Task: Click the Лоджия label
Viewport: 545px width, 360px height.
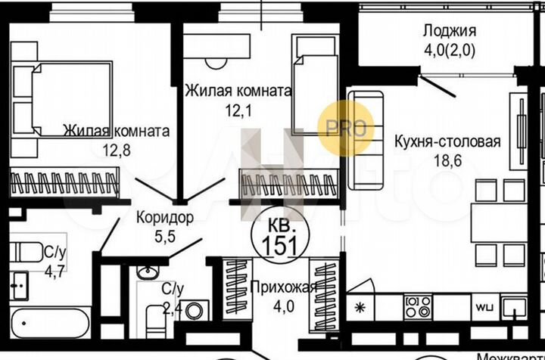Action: (x=449, y=31)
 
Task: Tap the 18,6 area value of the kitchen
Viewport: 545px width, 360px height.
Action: (x=446, y=160)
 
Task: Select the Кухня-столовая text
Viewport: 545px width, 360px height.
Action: (x=447, y=141)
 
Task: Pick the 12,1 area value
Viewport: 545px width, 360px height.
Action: (x=238, y=110)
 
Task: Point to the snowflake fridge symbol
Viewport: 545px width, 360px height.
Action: (x=360, y=308)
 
